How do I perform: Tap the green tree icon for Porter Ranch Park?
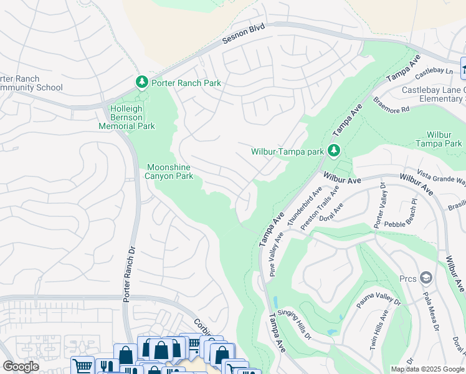pyautogui.click(x=142, y=82)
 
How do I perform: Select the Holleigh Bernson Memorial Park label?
pyautogui.click(x=126, y=117)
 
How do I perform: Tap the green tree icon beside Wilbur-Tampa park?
pyautogui.click(x=334, y=150)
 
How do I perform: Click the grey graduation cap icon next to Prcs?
pyautogui.click(x=426, y=277)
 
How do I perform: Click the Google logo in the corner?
pyautogui.click(x=21, y=366)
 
